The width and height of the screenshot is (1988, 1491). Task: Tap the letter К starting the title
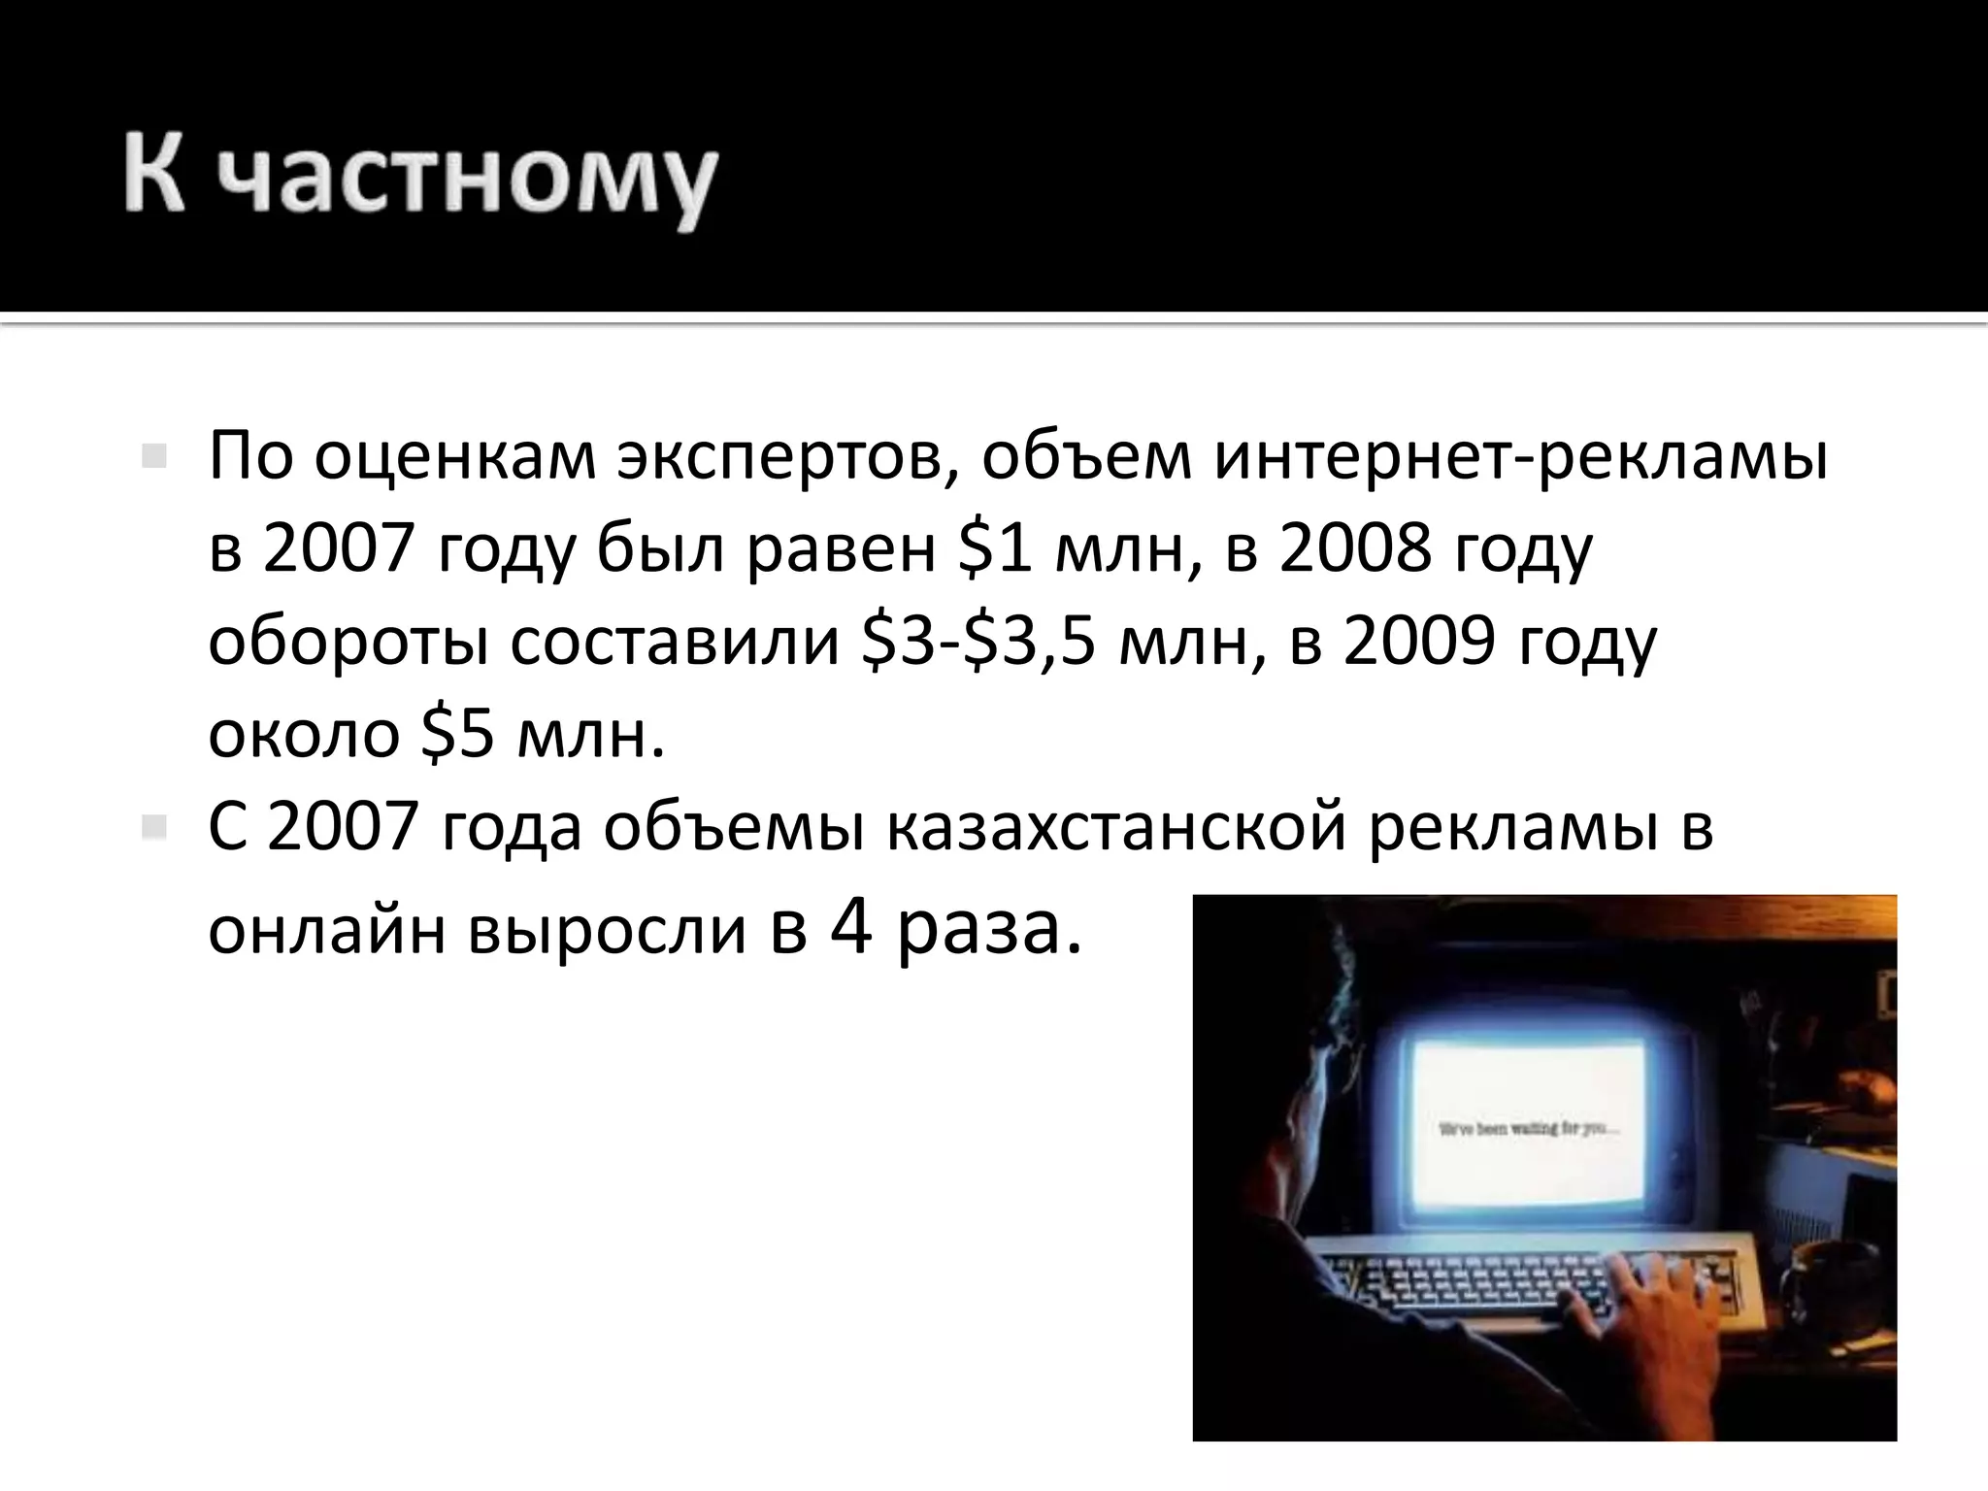point(154,175)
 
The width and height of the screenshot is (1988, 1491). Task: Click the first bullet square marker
point(153,456)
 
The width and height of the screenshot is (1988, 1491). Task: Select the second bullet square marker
point(153,828)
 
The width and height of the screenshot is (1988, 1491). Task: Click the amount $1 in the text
point(994,548)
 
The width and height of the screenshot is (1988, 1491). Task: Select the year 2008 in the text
point(1355,548)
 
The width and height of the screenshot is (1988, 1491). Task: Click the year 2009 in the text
point(1418,642)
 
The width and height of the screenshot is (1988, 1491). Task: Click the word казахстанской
point(1116,828)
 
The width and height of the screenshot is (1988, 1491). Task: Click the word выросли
point(608,930)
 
